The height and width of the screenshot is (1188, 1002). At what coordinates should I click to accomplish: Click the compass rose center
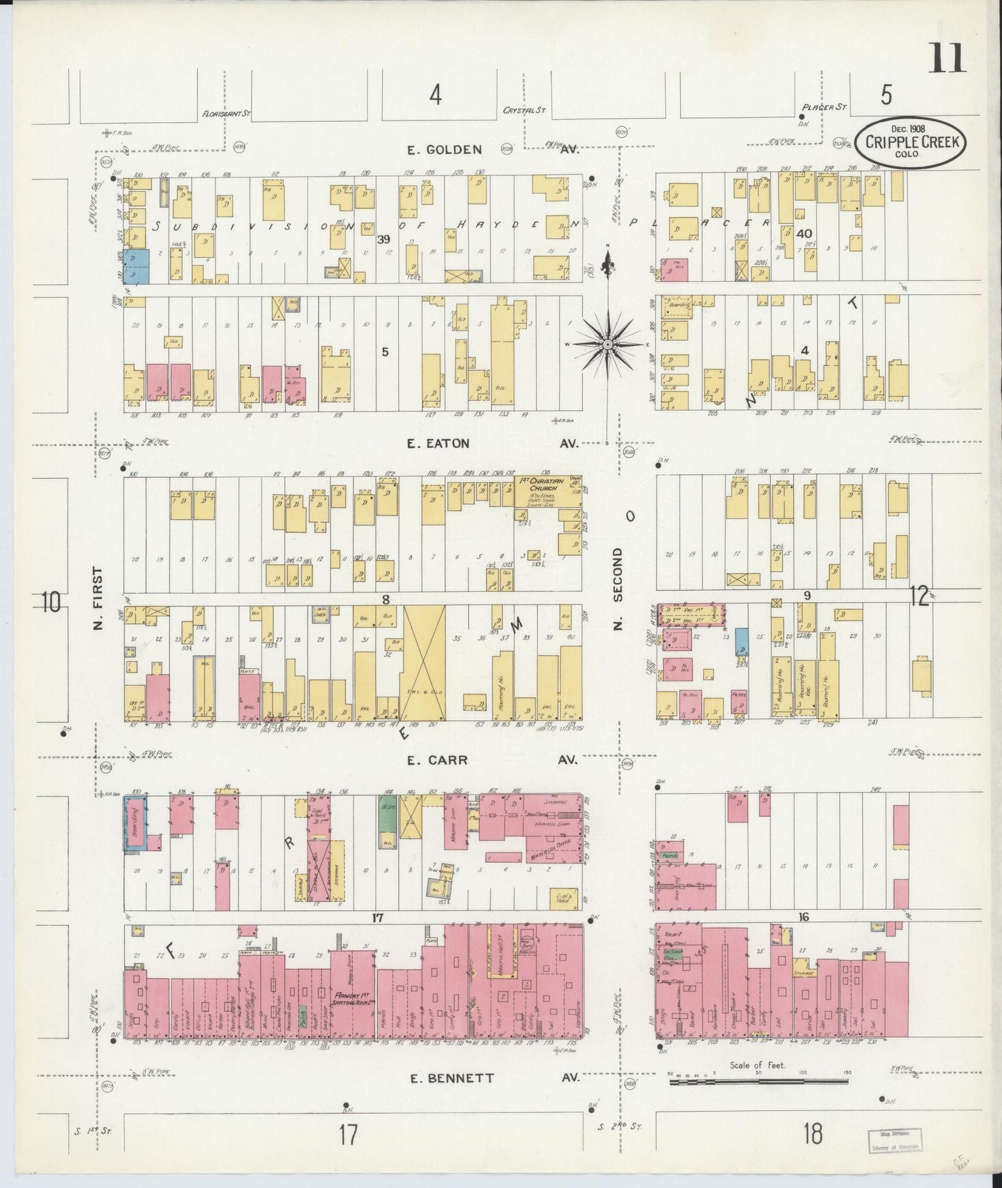pyautogui.click(x=607, y=344)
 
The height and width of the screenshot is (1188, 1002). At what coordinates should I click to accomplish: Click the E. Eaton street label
pyautogui.click(x=438, y=443)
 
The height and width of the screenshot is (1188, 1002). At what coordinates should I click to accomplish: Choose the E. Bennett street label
pyautogui.click(x=451, y=1078)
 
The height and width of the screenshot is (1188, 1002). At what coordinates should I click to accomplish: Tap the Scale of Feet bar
pyautogui.click(x=761, y=1080)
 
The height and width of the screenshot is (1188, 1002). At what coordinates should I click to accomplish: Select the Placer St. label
pyautogui.click(x=824, y=107)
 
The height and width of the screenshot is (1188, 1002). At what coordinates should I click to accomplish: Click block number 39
pyautogui.click(x=382, y=240)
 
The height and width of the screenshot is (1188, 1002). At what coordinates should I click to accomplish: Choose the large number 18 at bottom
pyautogui.click(x=812, y=1135)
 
